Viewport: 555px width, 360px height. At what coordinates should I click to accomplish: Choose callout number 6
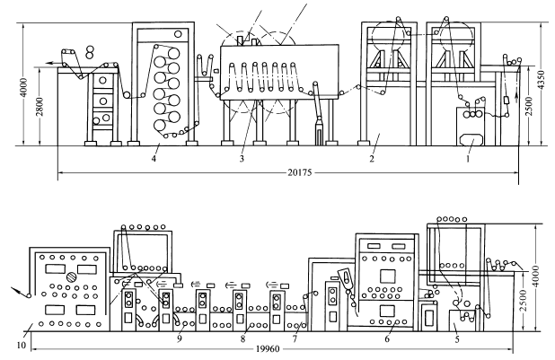[x=387, y=338]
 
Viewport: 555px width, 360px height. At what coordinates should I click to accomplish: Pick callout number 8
[x=242, y=339]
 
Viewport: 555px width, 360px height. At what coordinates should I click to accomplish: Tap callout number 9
[x=180, y=338]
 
